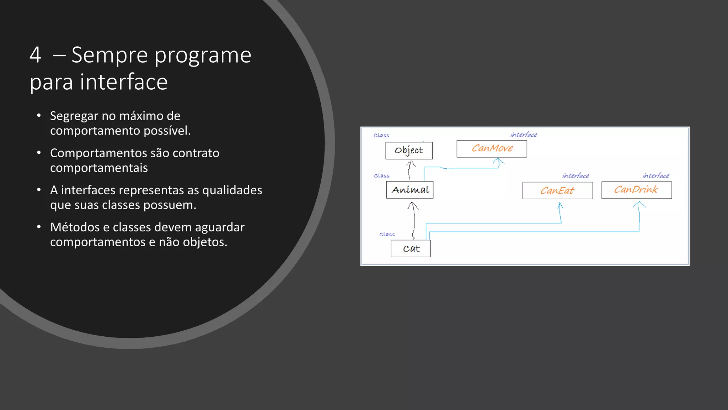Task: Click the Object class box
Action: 409,151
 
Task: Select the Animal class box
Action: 409,190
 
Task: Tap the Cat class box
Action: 411,248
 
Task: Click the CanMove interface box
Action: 492,149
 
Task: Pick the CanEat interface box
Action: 557,190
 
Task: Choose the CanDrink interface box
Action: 636,190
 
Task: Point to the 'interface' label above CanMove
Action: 524,135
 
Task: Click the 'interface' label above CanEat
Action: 576,175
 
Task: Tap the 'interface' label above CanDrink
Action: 656,175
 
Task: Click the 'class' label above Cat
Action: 387,234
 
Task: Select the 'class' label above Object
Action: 381,135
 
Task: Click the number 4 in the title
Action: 35,55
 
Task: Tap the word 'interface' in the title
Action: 123,82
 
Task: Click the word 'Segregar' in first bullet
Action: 74,116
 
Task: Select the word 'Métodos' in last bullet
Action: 75,227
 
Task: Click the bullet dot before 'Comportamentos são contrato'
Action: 39,153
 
